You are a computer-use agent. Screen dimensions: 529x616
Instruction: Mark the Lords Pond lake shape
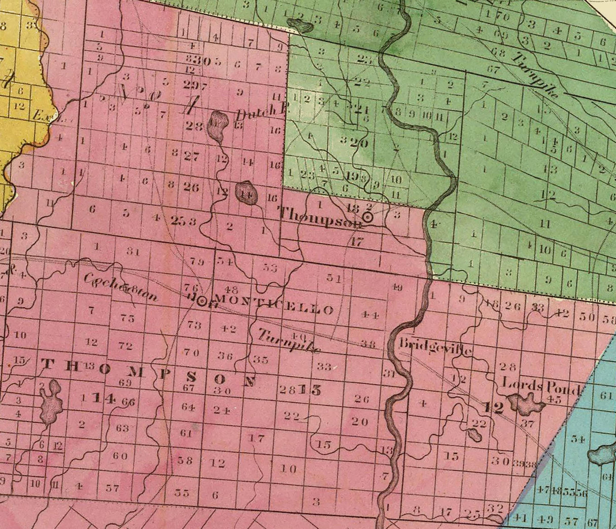pyautogui.click(x=527, y=404)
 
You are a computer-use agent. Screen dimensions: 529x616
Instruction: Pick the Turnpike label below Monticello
pyautogui.click(x=289, y=342)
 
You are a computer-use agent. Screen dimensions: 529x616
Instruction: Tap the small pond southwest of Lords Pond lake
pyautogui.click(x=475, y=435)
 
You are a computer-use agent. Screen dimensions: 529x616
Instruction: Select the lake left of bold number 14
pyautogui.click(x=51, y=402)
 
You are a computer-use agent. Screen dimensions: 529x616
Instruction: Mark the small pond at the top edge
pyautogui.click(x=300, y=24)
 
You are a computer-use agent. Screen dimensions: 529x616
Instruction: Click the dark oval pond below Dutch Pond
pyautogui.click(x=246, y=192)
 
